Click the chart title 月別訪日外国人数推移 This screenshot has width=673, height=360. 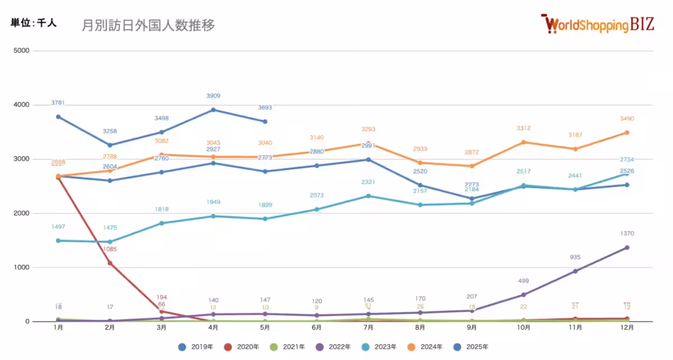point(148,25)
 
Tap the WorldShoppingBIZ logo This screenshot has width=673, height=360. point(598,24)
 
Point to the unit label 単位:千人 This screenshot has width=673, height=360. point(34,24)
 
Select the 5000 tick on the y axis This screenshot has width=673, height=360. point(22,51)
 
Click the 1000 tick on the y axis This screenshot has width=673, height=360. point(22,267)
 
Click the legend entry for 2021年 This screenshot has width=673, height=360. point(292,347)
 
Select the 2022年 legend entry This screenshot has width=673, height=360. point(338,347)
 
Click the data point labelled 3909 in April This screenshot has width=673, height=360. point(213,110)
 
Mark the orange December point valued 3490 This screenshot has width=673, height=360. point(627,132)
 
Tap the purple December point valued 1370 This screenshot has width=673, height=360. point(627,247)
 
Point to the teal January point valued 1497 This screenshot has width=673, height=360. point(58,241)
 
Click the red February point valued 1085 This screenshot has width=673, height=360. point(110,263)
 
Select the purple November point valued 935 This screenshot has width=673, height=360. point(575,271)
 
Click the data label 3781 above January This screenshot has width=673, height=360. point(58,103)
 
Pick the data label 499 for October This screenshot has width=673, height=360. point(523,281)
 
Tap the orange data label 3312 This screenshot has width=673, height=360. point(523,128)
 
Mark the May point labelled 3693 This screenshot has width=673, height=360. point(265,122)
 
